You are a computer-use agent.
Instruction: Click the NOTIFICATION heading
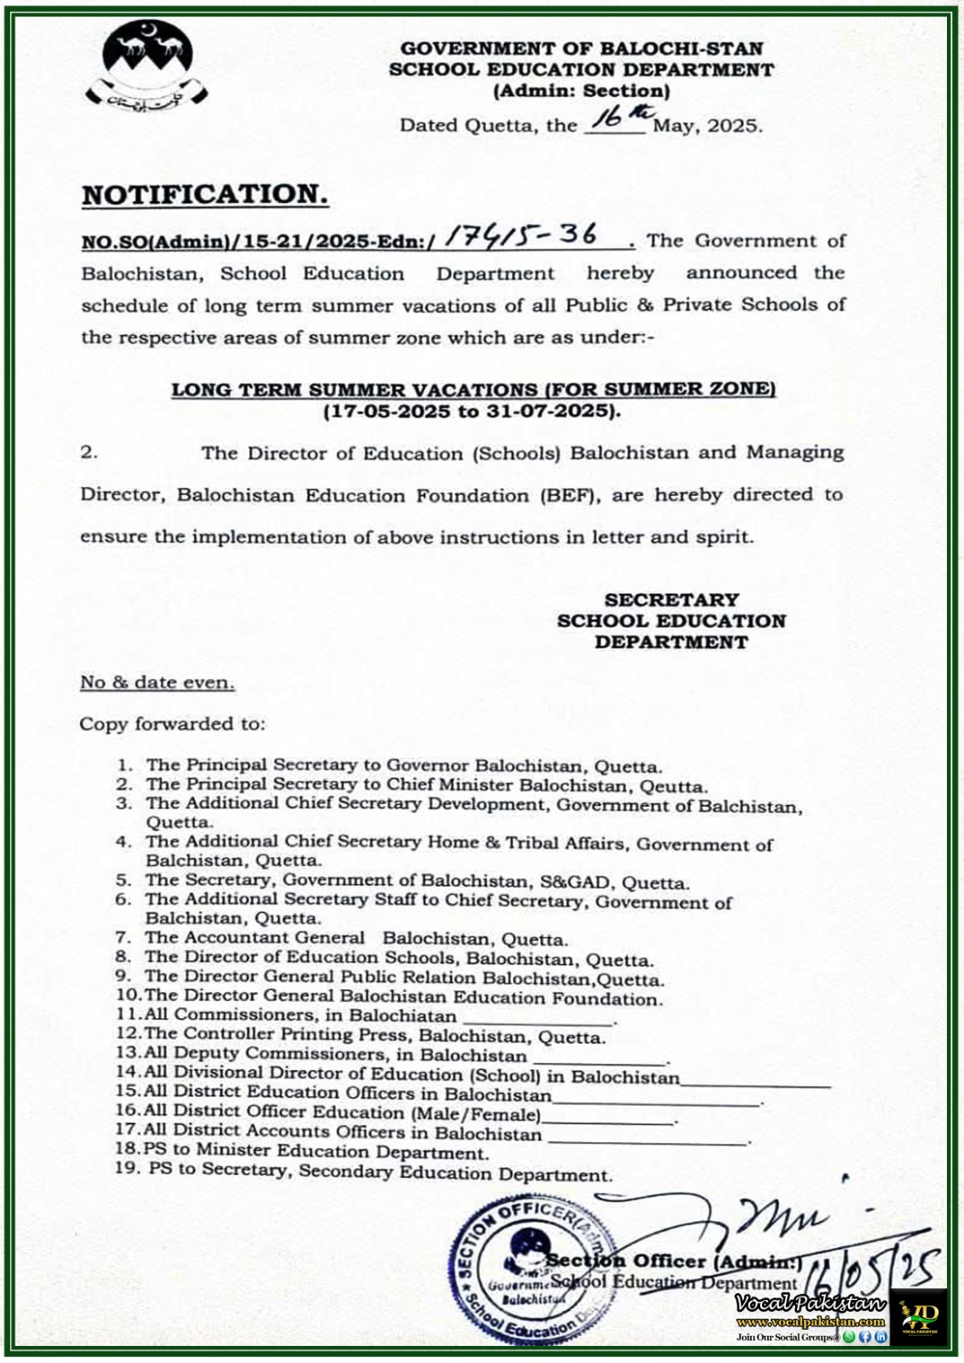(205, 194)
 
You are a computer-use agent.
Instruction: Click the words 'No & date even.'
(158, 682)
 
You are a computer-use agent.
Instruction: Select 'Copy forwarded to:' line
(172, 724)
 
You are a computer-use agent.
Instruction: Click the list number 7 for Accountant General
(123, 938)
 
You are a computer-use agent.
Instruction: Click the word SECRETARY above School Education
(672, 600)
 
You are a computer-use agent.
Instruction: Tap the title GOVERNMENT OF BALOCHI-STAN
(581, 49)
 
